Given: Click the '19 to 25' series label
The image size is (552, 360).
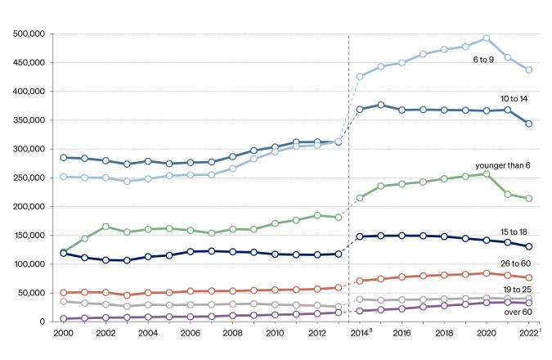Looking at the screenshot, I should [x=517, y=290].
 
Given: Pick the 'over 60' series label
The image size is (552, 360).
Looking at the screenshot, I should [x=518, y=312].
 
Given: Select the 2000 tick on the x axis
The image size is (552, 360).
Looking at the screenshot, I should [x=61, y=334].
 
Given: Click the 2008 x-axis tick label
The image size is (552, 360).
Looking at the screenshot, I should [x=231, y=334].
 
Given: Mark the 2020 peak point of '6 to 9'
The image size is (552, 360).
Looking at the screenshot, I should [x=486, y=38].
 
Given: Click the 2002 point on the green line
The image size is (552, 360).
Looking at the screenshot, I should [x=105, y=227].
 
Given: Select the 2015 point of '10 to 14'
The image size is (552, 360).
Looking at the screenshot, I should [x=380, y=106].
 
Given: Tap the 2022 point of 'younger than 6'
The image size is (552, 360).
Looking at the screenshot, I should [x=529, y=199].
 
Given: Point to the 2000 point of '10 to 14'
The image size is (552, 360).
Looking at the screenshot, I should [x=62, y=158].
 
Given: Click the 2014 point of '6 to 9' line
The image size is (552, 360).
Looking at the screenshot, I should [x=359, y=77].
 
